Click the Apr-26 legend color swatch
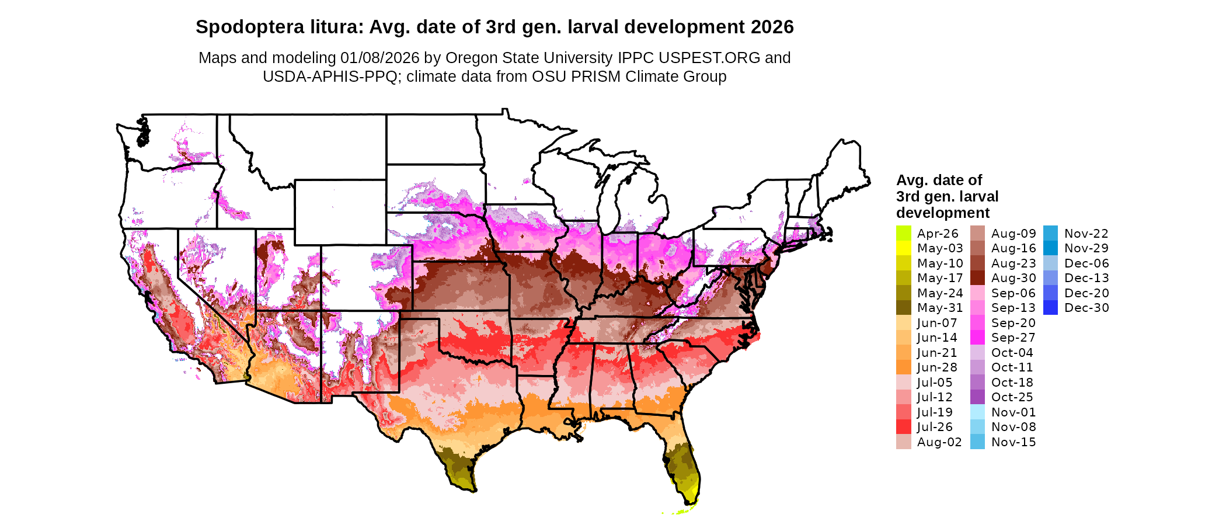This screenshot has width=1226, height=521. point(903,233)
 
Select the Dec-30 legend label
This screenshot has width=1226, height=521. point(1086,308)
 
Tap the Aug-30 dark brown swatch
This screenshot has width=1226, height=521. point(977,278)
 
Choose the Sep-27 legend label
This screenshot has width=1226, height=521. point(1013,338)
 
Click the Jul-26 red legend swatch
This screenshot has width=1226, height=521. point(903,427)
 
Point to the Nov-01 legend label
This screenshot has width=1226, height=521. point(1013,412)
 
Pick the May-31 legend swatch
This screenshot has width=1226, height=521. point(903,308)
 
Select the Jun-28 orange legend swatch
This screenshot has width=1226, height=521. point(903,367)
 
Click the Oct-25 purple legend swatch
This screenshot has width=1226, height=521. point(977,397)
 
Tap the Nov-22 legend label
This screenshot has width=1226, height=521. point(1086,234)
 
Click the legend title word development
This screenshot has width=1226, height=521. point(943,213)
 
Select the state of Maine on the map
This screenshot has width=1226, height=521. point(844,169)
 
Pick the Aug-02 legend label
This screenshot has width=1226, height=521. point(939,442)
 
